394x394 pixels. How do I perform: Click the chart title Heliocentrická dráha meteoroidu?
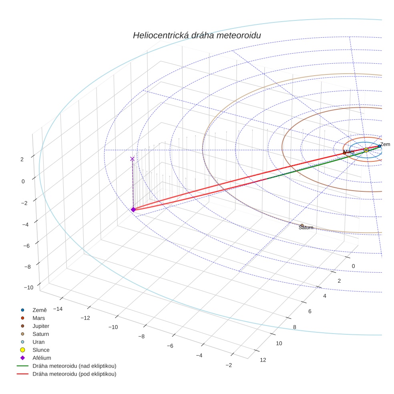(x=197, y=36)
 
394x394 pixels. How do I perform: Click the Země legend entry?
(x=39, y=310)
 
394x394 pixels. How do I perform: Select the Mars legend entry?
(x=38, y=318)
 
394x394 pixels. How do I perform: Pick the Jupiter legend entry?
(x=41, y=326)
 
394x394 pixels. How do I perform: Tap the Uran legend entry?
(x=38, y=342)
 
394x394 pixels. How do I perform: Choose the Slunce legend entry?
(x=41, y=350)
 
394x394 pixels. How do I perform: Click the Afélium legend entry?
(x=42, y=358)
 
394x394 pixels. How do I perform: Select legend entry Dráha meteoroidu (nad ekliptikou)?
(x=74, y=366)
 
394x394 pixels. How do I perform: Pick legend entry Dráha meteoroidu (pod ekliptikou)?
(x=74, y=374)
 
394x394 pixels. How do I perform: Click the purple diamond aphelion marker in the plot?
(x=133, y=209)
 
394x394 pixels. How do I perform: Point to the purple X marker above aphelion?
(x=132, y=159)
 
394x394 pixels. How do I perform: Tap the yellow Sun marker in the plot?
(x=366, y=150)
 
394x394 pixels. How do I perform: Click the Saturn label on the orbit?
(x=306, y=228)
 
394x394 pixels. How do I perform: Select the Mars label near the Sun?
(x=349, y=152)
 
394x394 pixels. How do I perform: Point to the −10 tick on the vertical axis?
(x=28, y=287)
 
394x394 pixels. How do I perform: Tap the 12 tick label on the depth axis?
(x=263, y=360)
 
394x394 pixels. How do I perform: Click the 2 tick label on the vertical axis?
(x=22, y=159)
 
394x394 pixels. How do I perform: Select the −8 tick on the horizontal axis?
(x=141, y=336)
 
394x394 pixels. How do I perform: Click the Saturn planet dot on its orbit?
(x=302, y=225)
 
